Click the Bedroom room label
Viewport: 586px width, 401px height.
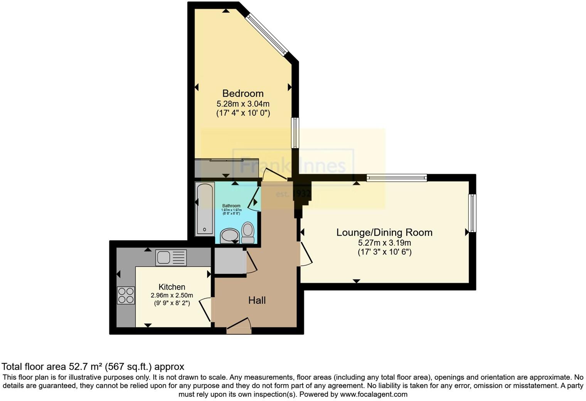coord(243,93)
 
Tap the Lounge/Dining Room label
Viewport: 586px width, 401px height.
coord(384,233)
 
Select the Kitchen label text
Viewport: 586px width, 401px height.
coord(172,287)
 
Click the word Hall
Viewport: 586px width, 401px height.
coord(257,300)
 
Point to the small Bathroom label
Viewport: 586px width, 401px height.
coord(231,206)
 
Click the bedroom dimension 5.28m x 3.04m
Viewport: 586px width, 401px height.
coord(243,104)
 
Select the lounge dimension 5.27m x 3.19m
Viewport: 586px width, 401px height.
coord(384,243)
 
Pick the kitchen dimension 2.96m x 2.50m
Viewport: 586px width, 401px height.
coord(172,295)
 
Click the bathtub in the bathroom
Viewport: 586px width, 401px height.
coord(205,209)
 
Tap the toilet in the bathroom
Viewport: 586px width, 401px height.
coord(248,233)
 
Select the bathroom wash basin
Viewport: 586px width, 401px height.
coord(230,236)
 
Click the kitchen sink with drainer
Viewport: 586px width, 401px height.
coord(171,258)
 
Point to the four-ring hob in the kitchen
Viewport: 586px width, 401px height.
coord(126,295)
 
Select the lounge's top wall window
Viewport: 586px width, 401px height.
coord(397,178)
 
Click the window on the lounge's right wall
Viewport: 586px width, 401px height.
coord(472,213)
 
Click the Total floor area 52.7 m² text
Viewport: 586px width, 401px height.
coord(93,366)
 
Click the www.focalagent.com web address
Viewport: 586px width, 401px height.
coord(374,394)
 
